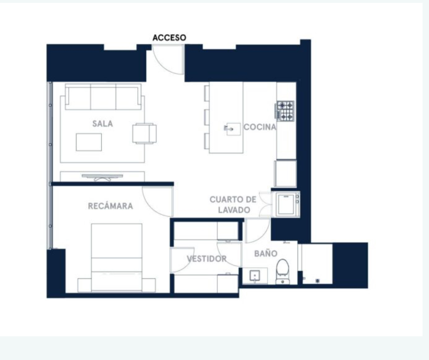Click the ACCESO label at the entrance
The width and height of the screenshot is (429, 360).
pyautogui.click(x=169, y=38)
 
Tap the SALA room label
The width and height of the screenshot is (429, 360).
pyautogui.click(x=103, y=124)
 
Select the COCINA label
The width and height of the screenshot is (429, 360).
pyautogui.click(x=260, y=127)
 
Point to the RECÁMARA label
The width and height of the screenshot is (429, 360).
pyautogui.click(x=110, y=206)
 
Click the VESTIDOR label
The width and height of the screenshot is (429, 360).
pyautogui.click(x=207, y=259)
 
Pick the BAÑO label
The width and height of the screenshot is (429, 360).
pyautogui.click(x=266, y=254)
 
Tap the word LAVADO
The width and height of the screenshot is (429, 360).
pyautogui.click(x=234, y=210)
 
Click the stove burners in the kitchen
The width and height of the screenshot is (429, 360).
pyautogui.click(x=285, y=111)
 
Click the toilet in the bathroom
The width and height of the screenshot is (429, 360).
pyautogui.click(x=283, y=272)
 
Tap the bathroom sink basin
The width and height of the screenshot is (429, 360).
pyautogui.click(x=255, y=276)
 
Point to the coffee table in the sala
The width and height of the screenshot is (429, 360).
pyautogui.click(x=89, y=142)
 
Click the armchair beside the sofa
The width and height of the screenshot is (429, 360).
pyautogui.click(x=145, y=133)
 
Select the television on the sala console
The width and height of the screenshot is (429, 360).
pyautogui.click(x=103, y=177)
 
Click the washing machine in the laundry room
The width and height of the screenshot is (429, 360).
pyautogui.click(x=286, y=204)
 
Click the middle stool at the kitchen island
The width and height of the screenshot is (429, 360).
pyautogui.click(x=207, y=117)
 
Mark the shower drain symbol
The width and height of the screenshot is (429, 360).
pyautogui.click(x=317, y=281)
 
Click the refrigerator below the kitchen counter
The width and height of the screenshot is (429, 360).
pyautogui.click(x=285, y=174)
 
